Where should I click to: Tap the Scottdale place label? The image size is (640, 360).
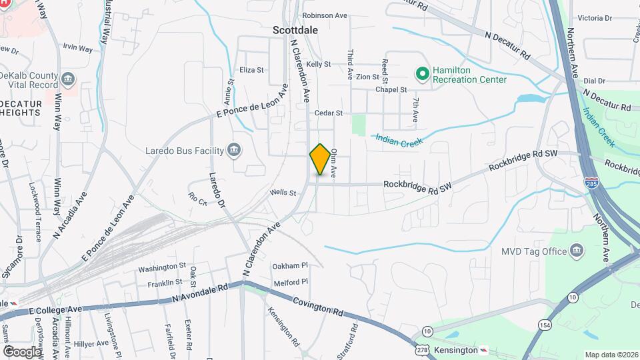[295, 30]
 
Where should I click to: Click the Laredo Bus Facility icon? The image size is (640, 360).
[233, 150]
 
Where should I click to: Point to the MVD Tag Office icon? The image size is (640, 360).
[577, 251]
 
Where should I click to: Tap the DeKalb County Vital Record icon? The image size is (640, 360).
[68, 81]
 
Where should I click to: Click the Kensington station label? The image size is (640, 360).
[456, 350]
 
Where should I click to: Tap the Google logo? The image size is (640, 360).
[22, 351]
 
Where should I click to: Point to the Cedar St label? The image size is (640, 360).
[329, 113]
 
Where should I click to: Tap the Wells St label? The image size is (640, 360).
[283, 193]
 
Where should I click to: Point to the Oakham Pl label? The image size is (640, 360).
[290, 266]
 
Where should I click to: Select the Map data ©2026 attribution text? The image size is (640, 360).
[611, 355]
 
